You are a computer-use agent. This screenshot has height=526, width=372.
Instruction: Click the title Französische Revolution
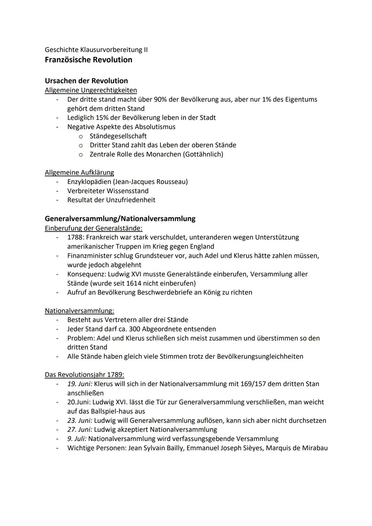(x=89, y=60)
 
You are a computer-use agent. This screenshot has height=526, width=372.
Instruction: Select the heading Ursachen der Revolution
(x=86, y=81)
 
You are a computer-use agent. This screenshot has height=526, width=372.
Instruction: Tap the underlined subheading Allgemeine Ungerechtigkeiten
(x=91, y=90)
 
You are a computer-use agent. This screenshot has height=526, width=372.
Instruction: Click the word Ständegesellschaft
(x=118, y=136)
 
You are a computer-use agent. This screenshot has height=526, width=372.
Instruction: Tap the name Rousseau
(x=172, y=182)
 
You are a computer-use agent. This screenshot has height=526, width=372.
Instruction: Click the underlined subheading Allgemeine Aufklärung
(x=79, y=173)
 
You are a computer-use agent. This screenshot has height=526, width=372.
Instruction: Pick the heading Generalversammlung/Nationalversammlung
(x=120, y=218)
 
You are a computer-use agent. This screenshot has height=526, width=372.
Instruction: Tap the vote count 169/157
(x=247, y=384)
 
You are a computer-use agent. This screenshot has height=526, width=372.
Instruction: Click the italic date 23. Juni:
(x=80, y=421)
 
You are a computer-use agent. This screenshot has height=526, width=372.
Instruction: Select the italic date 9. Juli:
(x=77, y=439)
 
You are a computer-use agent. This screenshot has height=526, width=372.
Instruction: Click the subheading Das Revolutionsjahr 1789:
(x=84, y=375)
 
